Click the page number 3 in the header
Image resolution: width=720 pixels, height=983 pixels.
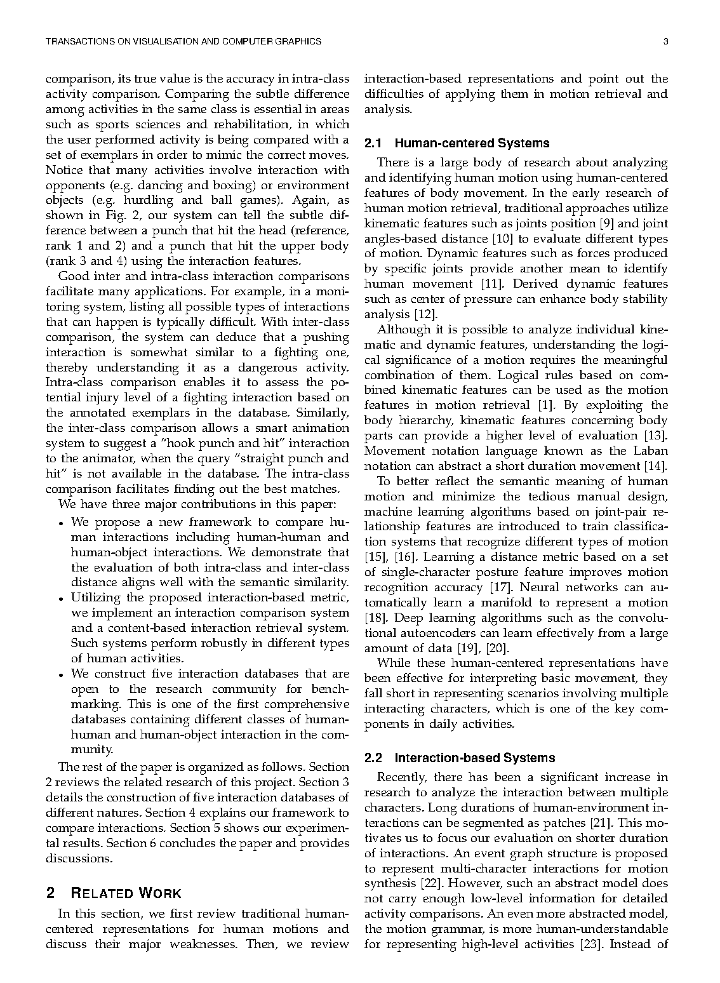pos(665,42)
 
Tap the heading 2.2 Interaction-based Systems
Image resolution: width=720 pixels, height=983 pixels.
pos(460,758)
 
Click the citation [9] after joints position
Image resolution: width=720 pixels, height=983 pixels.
pos(607,224)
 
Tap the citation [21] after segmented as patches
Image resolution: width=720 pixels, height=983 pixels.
pos(602,823)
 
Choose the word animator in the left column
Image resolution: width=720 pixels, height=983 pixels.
pos(97,458)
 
